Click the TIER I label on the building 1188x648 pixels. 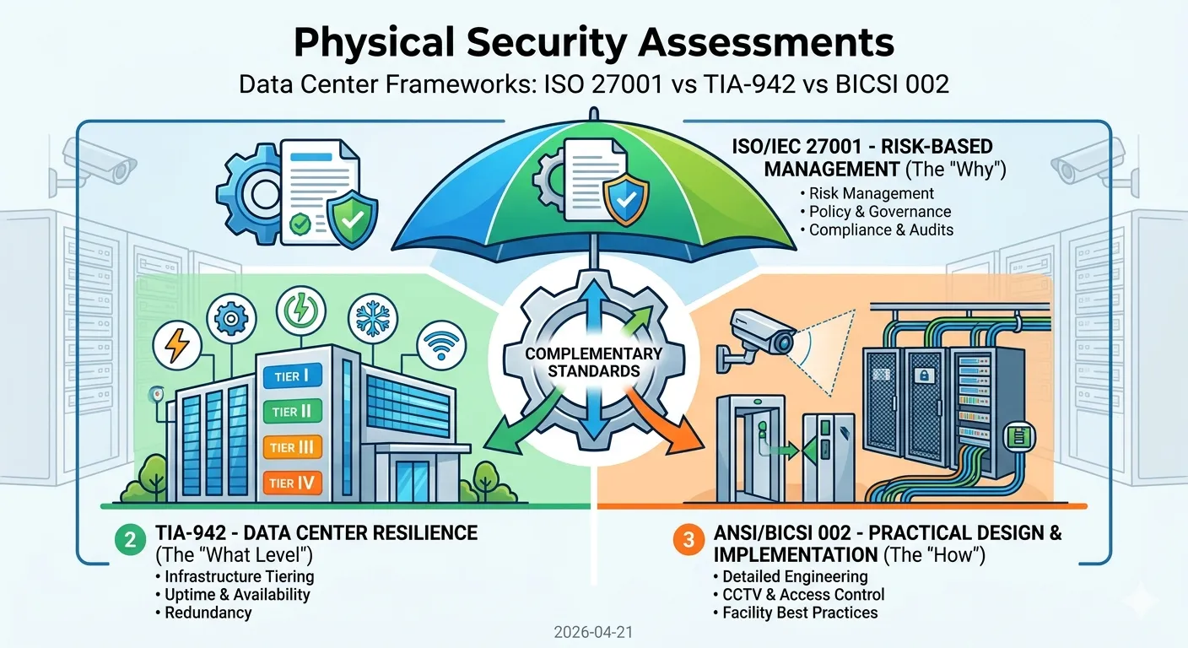(288, 376)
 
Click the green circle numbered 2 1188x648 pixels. (129, 542)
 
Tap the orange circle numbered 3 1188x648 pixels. (688, 542)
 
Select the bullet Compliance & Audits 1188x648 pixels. (881, 230)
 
